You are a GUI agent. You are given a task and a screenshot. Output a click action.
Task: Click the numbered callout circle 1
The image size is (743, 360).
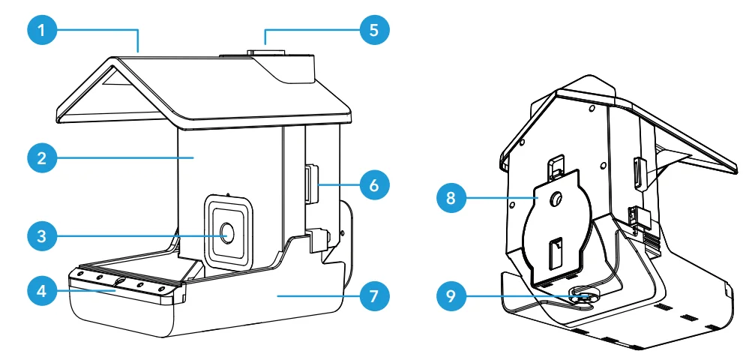(43, 31)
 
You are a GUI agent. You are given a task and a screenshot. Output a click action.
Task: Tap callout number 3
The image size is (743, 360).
(43, 235)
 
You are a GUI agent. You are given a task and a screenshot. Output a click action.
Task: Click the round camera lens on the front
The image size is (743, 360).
(227, 234)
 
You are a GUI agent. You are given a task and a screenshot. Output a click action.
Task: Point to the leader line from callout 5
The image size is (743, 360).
(300, 31)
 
